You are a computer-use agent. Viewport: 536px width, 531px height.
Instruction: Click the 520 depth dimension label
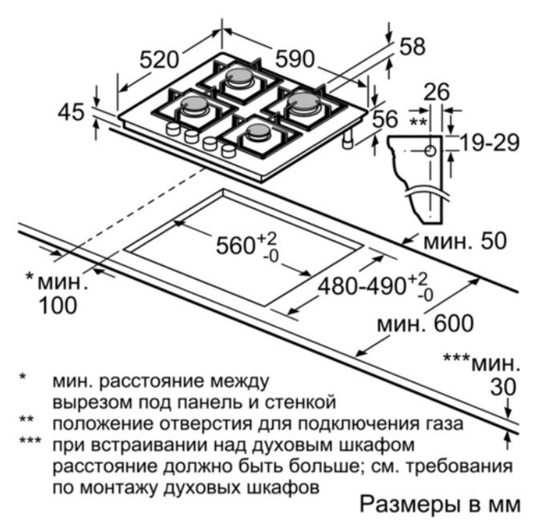pyautogui.click(x=160, y=59)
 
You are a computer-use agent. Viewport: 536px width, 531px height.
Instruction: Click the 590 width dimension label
pyautogui.click(x=295, y=58)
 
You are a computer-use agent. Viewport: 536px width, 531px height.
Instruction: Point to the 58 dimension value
pyautogui.click(x=412, y=46)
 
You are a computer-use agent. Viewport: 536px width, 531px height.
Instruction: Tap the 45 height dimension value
pyautogui.click(x=71, y=112)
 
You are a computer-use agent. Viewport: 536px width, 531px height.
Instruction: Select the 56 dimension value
pyautogui.click(x=385, y=119)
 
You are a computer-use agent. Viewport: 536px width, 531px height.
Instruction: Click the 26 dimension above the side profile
pyautogui.click(x=437, y=91)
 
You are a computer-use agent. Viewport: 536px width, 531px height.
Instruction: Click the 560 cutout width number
pyautogui.click(x=236, y=245)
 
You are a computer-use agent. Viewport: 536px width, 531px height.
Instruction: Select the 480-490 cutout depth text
pyautogui.click(x=362, y=286)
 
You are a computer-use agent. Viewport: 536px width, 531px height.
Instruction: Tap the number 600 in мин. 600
pyautogui.click(x=454, y=324)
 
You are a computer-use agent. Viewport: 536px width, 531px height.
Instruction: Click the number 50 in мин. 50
pyautogui.click(x=493, y=241)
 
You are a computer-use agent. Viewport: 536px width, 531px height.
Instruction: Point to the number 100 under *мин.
pyautogui.click(x=58, y=305)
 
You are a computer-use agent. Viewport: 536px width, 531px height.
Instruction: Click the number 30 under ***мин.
pyautogui.click(x=503, y=387)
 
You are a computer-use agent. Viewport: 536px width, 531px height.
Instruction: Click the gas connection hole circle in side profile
pyautogui.click(x=431, y=151)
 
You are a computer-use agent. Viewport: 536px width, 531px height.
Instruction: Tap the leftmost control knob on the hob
pyautogui.click(x=173, y=129)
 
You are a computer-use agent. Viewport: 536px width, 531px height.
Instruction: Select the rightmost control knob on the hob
pyautogui.click(x=229, y=150)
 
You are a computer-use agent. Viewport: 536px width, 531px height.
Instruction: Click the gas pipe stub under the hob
pyautogui.click(x=348, y=139)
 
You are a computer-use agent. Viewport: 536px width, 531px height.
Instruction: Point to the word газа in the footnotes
pyautogui.click(x=445, y=424)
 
